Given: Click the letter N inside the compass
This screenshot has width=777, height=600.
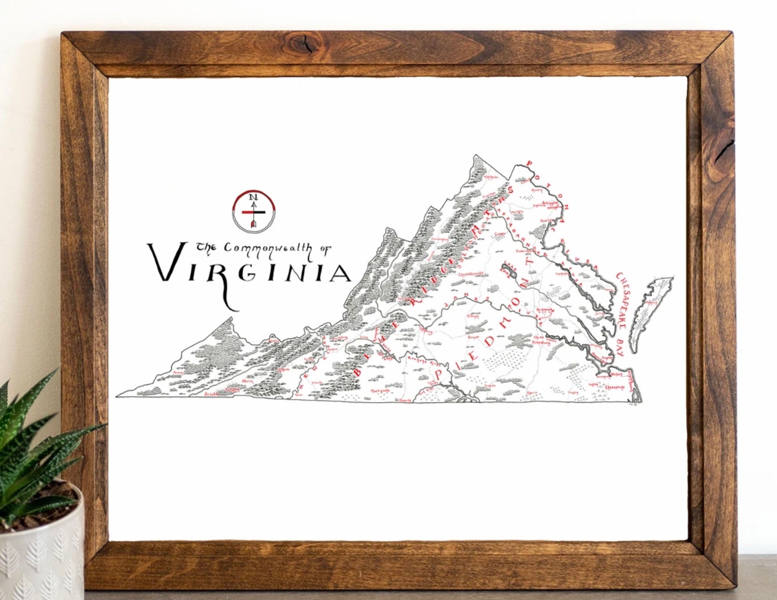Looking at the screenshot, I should (253, 197).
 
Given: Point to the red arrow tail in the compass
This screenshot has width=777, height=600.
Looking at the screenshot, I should (253, 224).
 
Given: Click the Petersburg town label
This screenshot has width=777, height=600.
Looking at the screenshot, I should (540, 343).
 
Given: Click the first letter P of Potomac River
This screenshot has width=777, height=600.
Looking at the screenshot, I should (528, 163).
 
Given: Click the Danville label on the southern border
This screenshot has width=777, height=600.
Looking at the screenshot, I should (405, 400).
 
